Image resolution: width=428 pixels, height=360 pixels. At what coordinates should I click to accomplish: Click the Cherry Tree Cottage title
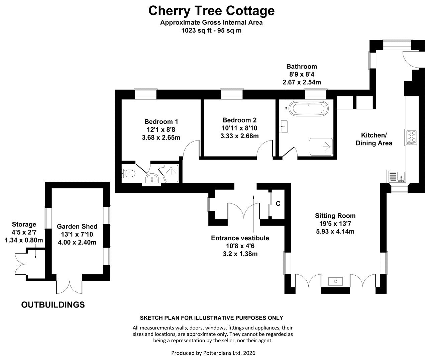point(211,11)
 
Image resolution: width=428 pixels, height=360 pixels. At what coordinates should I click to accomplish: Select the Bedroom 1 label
point(161,122)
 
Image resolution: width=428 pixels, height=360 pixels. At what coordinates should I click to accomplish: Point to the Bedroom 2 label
point(239,120)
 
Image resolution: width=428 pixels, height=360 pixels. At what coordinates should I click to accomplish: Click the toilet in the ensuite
point(128,174)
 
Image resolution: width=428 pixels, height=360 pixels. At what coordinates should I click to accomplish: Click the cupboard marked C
point(278,204)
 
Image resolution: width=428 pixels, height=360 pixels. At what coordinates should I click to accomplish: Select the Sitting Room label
point(335,216)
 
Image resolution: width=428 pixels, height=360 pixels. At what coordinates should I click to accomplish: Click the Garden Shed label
point(77,227)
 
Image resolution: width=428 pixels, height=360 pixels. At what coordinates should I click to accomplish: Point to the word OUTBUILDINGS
point(53,305)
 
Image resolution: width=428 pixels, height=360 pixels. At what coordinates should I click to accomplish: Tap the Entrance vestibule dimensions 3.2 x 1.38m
point(240,254)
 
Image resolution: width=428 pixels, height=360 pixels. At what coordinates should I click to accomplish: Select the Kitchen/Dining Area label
point(374,139)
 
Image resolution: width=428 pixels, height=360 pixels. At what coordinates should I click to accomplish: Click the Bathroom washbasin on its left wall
point(284,126)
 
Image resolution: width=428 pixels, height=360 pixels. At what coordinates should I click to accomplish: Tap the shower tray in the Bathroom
point(321,147)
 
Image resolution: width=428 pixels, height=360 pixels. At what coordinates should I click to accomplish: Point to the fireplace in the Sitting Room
point(335,281)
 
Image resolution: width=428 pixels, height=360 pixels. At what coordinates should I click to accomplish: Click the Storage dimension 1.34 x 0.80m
point(24,240)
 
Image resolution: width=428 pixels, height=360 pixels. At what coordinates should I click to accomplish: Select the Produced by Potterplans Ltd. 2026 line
point(213,353)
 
